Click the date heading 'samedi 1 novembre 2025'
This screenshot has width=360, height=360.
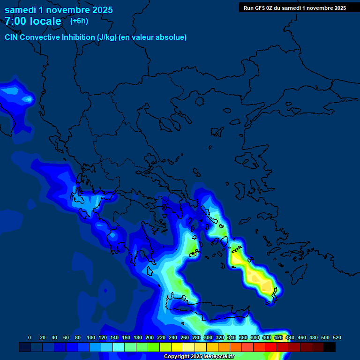click(59, 10)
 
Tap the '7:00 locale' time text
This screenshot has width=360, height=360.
click(33, 21)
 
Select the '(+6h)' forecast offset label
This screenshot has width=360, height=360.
click(79, 21)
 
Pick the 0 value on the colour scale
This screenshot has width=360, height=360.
click(30, 337)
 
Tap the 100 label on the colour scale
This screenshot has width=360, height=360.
click(91, 337)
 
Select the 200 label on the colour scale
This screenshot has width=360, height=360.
click(150, 337)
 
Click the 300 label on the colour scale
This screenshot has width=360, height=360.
click(208, 337)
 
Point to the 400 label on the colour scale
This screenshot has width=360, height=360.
click(267, 337)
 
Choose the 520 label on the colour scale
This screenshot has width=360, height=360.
click(337, 337)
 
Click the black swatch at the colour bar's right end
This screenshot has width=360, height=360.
click(330, 347)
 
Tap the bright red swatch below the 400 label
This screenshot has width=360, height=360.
click(271, 347)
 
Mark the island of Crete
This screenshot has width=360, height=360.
click(206, 313)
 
